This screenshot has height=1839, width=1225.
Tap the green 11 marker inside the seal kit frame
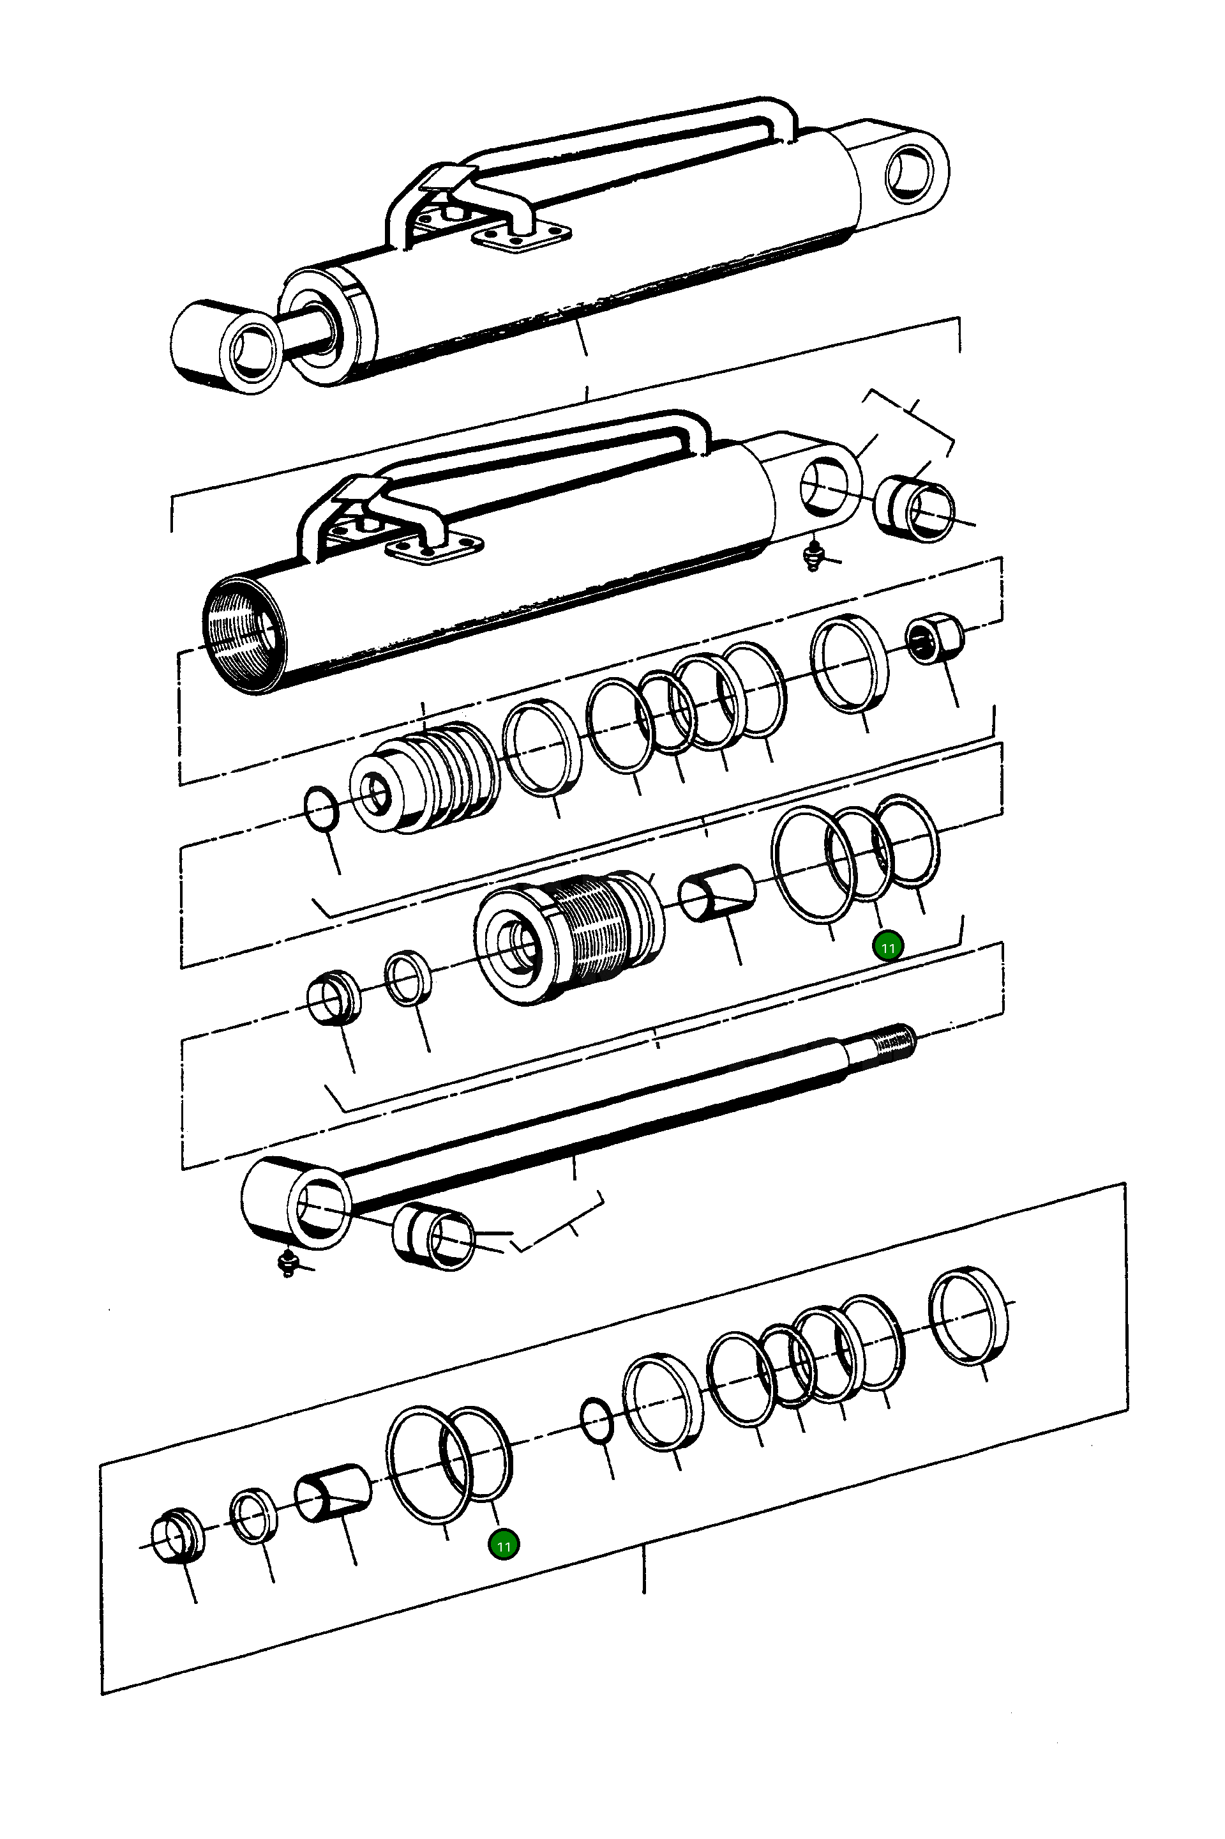pyautogui.click(x=503, y=1545)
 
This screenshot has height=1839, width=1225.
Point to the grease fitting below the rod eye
pyautogui.click(x=287, y=1262)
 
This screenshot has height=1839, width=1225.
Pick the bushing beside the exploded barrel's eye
pyautogui.click(x=914, y=508)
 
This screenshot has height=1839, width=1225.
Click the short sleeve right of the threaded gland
pyautogui.click(x=716, y=891)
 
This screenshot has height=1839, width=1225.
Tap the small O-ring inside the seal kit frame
pyautogui.click(x=597, y=1421)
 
